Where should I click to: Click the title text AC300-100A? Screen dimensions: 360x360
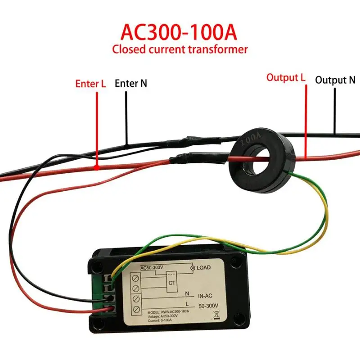tap(180, 32)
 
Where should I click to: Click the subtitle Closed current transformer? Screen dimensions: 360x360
tap(180, 49)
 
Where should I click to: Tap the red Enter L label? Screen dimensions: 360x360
tap(90, 83)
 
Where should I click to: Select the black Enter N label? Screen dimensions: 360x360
tap(131, 83)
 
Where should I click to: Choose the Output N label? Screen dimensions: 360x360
tap(335, 80)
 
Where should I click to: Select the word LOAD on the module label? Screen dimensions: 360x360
tap(203, 267)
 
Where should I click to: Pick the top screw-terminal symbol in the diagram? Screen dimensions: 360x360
tap(136, 278)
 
